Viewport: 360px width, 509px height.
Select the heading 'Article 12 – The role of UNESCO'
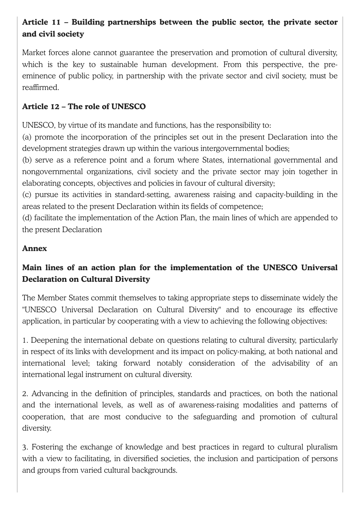pos(84,107)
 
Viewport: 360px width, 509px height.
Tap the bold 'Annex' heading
pos(35,248)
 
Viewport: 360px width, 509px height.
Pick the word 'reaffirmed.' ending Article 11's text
pos(41,87)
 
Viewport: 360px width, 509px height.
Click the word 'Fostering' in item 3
pos(47,447)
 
